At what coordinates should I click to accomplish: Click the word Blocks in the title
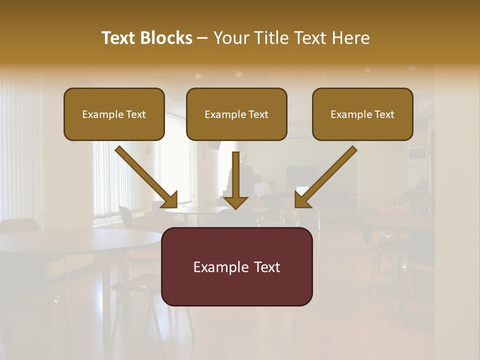(167, 38)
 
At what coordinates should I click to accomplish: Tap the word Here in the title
(351, 38)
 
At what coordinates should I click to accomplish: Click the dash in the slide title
(202, 38)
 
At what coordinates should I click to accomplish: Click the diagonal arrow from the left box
(145, 176)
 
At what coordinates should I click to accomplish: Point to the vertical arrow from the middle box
(235, 180)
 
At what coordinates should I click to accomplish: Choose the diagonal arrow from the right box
(327, 176)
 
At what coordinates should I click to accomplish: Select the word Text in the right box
(383, 114)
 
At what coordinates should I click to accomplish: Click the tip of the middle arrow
(235, 208)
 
